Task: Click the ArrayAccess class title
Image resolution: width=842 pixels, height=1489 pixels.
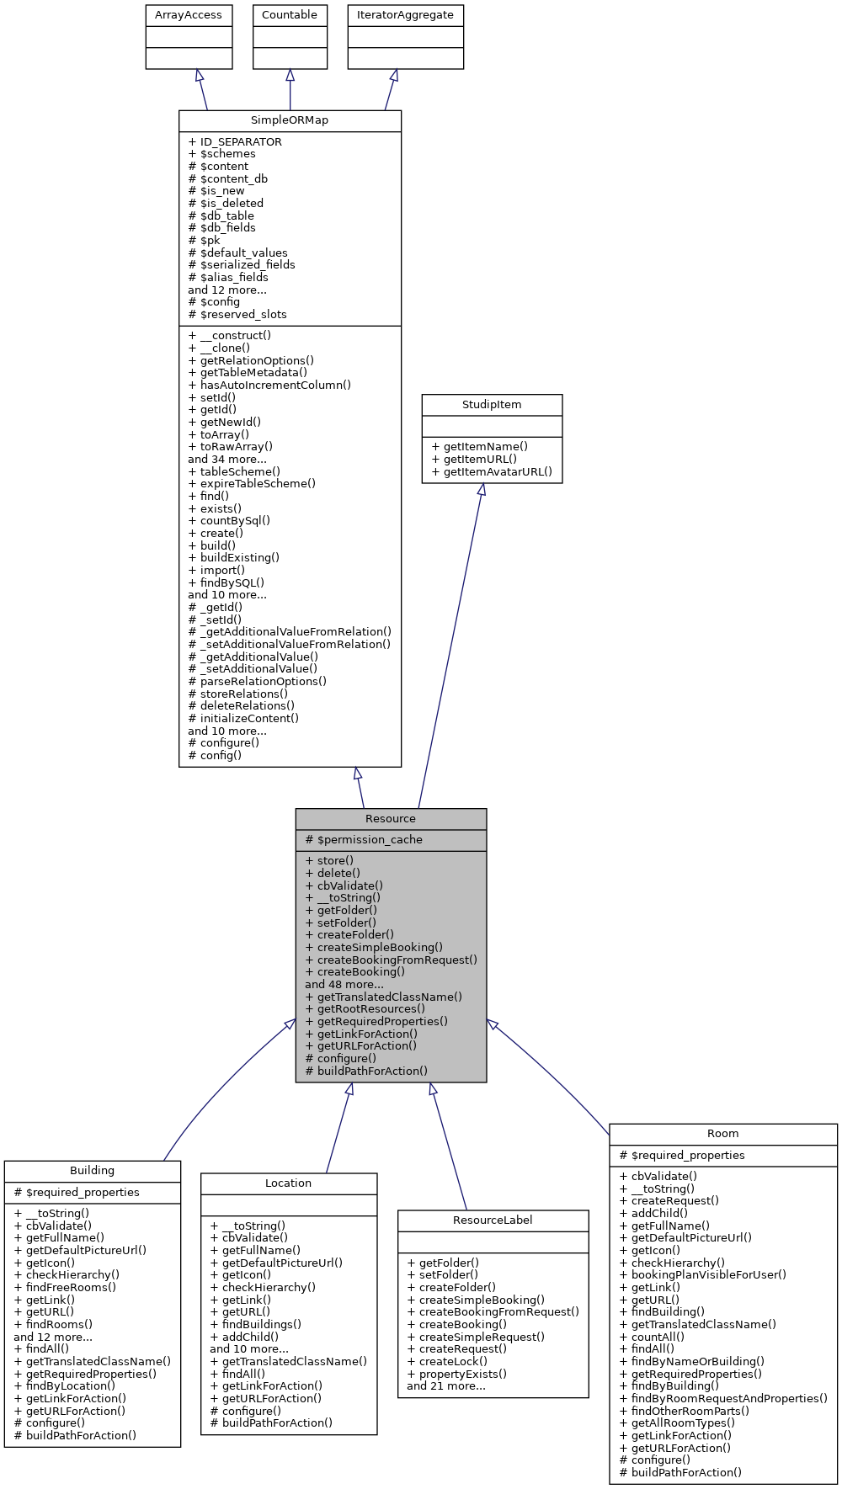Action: point(189,15)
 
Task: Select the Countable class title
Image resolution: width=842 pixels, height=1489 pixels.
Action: point(290,15)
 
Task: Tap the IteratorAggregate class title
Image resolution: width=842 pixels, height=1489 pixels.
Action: point(405,15)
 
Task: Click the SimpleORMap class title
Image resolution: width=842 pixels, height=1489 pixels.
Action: point(290,120)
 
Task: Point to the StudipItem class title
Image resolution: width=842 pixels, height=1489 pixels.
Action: point(492,405)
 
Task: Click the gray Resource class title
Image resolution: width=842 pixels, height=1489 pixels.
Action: point(391,819)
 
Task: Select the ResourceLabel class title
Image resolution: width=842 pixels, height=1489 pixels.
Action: point(493,1220)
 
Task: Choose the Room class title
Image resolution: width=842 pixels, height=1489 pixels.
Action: point(722,1134)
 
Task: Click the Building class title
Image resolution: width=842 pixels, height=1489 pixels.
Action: point(93,1171)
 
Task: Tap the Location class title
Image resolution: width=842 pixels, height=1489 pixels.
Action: point(288,1183)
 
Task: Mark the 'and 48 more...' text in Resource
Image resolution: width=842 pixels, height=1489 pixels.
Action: point(344,985)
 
